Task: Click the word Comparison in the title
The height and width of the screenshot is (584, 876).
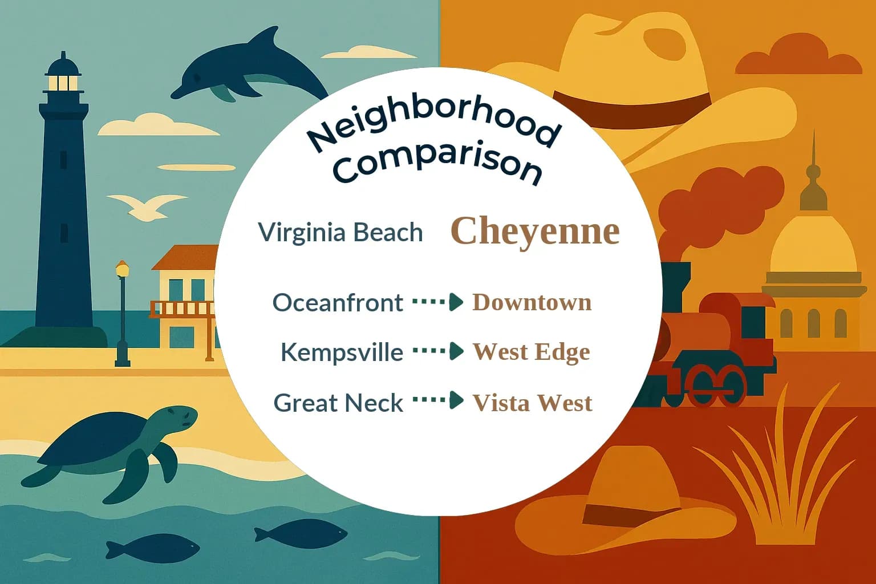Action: point(437,163)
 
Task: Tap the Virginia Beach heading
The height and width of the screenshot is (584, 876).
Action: point(340,232)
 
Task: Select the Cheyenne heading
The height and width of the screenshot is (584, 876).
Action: point(535,231)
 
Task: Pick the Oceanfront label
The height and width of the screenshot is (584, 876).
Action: point(338,302)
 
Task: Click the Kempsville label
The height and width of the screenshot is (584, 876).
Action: point(342,352)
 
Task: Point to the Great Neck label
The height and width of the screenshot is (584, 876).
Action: point(338,403)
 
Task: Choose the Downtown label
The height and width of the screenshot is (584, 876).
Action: point(532,302)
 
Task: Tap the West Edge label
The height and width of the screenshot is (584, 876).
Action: point(531,352)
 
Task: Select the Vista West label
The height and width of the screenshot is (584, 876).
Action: point(532,403)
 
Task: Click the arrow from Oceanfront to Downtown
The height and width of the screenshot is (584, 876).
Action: point(437,302)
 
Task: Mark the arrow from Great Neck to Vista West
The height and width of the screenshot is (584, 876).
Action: point(437,400)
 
